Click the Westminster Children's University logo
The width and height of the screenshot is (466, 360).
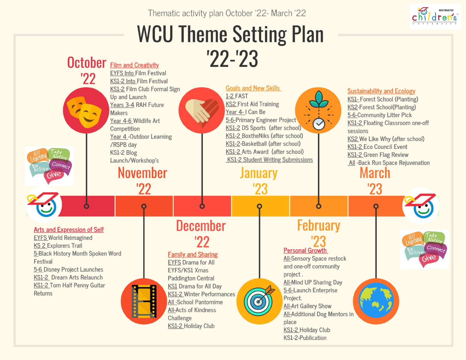click(x=435, y=17)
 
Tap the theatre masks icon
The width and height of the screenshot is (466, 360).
click(x=86, y=110)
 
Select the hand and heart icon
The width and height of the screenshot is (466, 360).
click(x=202, y=110)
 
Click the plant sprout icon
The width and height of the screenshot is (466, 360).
click(x=318, y=110)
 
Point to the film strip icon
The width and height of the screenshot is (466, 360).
click(x=144, y=301)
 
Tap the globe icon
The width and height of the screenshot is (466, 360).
click(x=376, y=301)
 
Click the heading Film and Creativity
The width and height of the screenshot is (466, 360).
click(x=135, y=65)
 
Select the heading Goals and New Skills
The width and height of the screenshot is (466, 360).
click(x=253, y=88)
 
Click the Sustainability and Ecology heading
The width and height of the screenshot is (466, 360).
click(x=381, y=91)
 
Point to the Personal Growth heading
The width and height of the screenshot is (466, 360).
click(x=306, y=250)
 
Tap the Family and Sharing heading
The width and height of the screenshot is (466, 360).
click(x=193, y=254)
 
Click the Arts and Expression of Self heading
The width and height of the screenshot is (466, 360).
click(x=69, y=230)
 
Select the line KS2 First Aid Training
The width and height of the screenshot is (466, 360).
click(x=252, y=104)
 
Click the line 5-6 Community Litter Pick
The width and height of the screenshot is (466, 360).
click(x=379, y=115)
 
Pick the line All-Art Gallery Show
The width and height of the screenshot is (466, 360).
click(x=307, y=306)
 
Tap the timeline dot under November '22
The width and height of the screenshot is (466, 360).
click(x=144, y=206)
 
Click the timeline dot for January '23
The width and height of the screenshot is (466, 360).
click(x=260, y=206)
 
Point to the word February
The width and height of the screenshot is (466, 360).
click(x=318, y=226)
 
